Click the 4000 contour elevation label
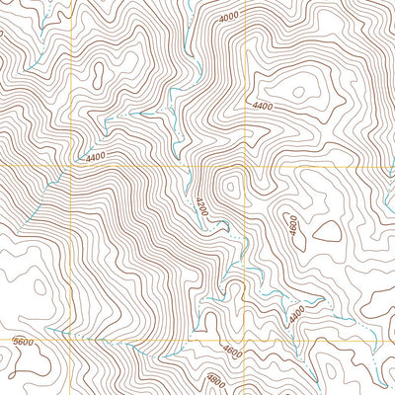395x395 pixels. click(230, 18)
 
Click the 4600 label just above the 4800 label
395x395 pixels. click(233, 350)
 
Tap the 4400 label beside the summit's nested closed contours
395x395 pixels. click(262, 106)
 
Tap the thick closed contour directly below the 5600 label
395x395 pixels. click(20, 375)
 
